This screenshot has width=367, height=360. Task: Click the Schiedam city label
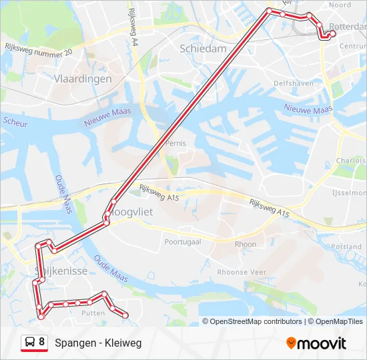tap(203, 49)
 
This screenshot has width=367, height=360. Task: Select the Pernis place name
tap(176, 143)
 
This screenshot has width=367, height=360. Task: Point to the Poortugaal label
tap(183, 242)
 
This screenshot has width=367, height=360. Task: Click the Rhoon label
tap(246, 244)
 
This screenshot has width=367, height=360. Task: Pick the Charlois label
tap(350, 161)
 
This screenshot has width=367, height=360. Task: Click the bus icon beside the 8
tap(30, 343)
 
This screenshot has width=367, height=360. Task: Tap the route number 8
tap(42, 342)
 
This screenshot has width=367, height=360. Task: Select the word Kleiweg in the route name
tap(123, 343)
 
